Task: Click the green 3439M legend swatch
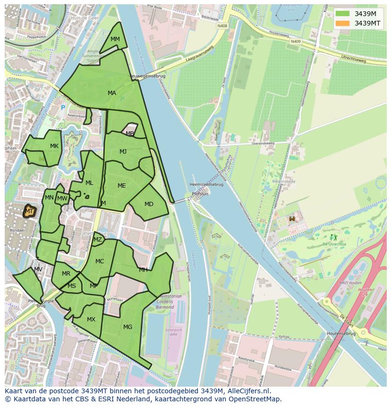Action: pyautogui.click(x=343, y=13)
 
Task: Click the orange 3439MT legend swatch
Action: pyautogui.click(x=343, y=23)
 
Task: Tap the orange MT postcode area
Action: pyautogui.click(x=29, y=212)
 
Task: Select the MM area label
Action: pyautogui.click(x=115, y=39)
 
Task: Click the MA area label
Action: pyautogui.click(x=112, y=93)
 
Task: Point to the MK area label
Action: pyautogui.click(x=54, y=146)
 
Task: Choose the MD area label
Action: pyautogui.click(x=149, y=204)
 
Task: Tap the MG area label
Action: pyautogui.click(x=127, y=327)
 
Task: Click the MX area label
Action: pyautogui.click(x=91, y=320)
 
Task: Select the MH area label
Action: pyautogui.click(x=143, y=270)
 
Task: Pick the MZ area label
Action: pyautogui.click(x=98, y=240)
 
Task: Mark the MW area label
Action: pyautogui.click(x=62, y=199)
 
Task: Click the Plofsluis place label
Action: pyautogui.click(x=200, y=194)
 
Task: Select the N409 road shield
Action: pyautogui.click(x=296, y=41)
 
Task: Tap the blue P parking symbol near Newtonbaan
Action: pyautogui.click(x=63, y=108)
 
